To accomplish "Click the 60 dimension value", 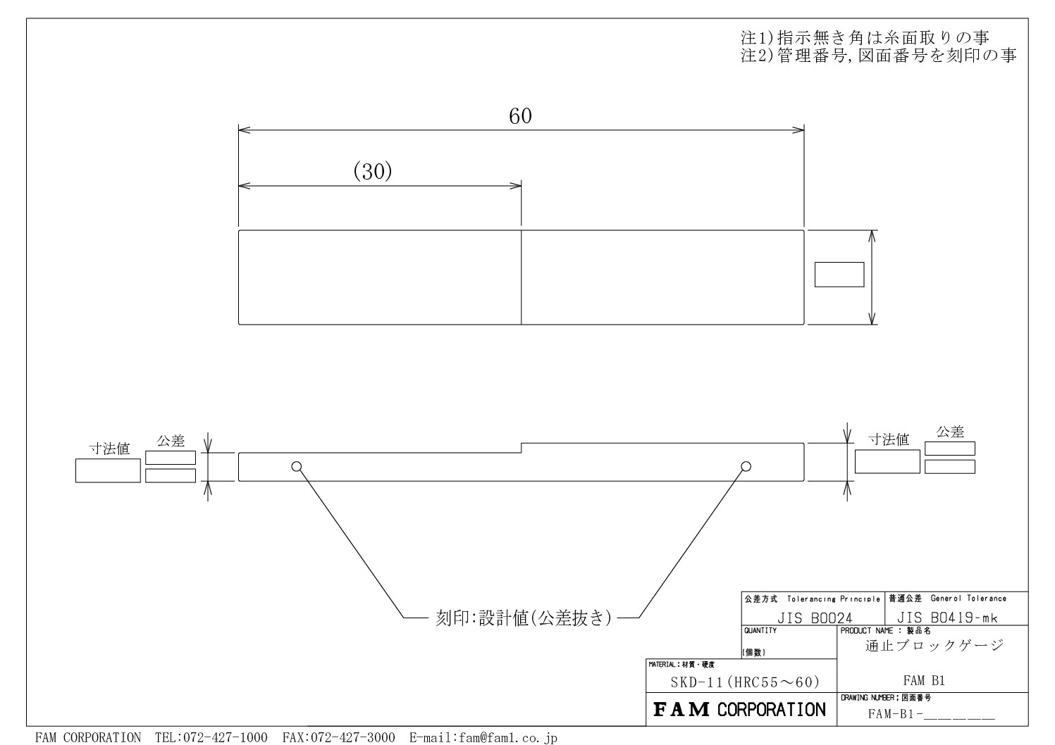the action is [x=520, y=116].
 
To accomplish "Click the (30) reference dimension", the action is [x=373, y=171].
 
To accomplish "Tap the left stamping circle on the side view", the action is [x=296, y=466].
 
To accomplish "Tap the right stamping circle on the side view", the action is [x=746, y=466].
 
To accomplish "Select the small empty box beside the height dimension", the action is [x=839, y=275].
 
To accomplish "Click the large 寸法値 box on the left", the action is [x=108, y=470].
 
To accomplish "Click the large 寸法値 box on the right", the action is [x=887, y=462].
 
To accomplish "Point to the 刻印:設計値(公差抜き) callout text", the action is [x=523, y=618].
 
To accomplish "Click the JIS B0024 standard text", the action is [x=814, y=618].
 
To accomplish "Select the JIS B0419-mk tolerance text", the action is [x=946, y=618].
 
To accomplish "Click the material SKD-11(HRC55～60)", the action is [x=745, y=682].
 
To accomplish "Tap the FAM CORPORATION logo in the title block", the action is [x=739, y=710].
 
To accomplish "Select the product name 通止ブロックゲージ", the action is [x=934, y=646].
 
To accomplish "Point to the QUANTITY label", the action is [x=760, y=631].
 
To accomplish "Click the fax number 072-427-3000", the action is [x=352, y=737].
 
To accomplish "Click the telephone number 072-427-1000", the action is [x=225, y=737].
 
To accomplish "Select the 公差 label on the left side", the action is [x=171, y=441].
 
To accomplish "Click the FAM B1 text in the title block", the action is [x=924, y=680].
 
